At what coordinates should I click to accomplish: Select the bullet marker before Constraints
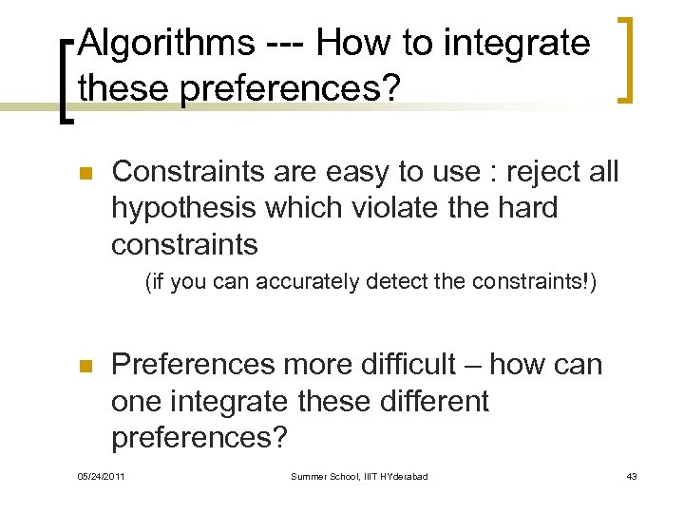(84, 174)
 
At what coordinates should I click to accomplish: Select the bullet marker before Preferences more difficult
(84, 367)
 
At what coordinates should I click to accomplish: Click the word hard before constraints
(526, 208)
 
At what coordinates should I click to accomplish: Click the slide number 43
(631, 476)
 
